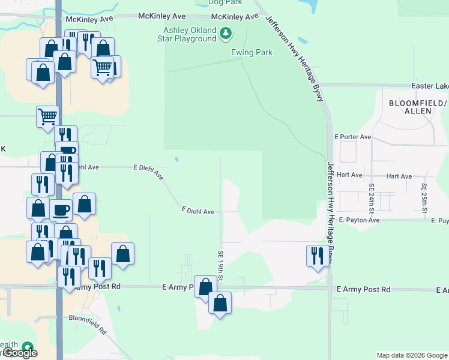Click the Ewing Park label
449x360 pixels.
(x=252, y=52)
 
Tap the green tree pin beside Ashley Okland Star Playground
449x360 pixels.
(x=225, y=34)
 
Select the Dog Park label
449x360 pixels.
(x=224, y=2)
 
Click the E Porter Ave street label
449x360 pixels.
(x=355, y=137)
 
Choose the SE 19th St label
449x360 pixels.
(x=221, y=266)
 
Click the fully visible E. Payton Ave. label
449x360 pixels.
(x=360, y=220)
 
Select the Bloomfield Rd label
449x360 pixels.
(x=87, y=325)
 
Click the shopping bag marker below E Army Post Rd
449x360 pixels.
(x=220, y=304)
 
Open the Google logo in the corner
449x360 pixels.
(x=19, y=353)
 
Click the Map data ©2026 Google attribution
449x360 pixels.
(x=412, y=355)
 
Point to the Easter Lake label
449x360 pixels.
(x=429, y=86)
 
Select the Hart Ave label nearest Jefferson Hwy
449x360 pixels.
(x=349, y=175)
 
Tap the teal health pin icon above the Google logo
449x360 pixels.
(x=27, y=346)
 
